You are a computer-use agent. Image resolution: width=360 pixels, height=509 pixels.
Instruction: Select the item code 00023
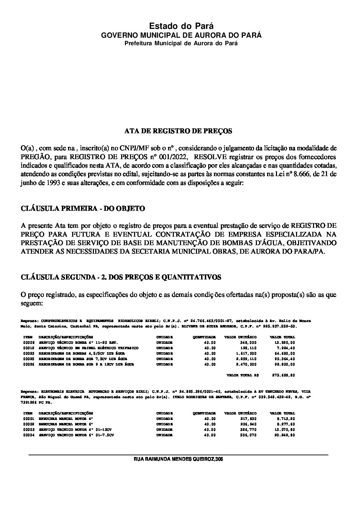coord(29,354)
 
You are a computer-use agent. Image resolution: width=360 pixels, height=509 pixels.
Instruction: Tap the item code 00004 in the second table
coord(29,435)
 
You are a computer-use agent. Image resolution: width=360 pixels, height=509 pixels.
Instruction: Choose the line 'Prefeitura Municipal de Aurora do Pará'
coord(181,44)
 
